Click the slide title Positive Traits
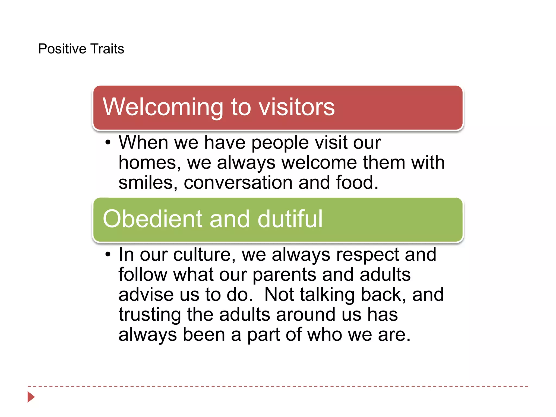[81, 49]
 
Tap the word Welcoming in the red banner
[163, 107]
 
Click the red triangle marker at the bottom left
[31, 397]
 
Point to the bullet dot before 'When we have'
[108, 142]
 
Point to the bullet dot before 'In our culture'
[108, 254]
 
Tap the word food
[357, 182]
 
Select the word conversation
[238, 182]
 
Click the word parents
[284, 275]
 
